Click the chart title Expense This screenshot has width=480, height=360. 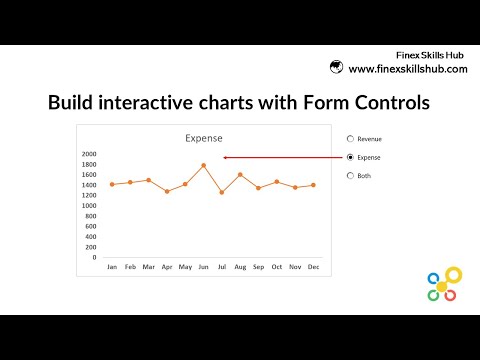coord(204,138)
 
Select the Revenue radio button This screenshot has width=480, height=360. coord(349,139)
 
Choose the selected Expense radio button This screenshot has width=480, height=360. coord(349,157)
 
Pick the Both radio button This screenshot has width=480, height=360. coord(349,175)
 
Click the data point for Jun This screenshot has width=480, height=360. coord(203,165)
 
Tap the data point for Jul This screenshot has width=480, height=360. coord(222,192)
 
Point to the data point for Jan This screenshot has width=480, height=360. coord(112,184)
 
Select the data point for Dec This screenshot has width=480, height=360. coord(313,185)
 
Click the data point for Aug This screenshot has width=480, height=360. coord(240,174)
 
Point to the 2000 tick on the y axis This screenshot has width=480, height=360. coord(88,154)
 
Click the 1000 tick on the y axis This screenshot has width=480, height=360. coord(88,206)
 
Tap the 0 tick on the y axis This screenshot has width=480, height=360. coord(94,257)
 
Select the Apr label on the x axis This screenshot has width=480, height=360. coord(167,267)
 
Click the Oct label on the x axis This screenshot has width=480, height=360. coord(276,267)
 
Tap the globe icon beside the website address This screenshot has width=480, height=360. coord(338,68)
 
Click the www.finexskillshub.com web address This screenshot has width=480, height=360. coord(408,68)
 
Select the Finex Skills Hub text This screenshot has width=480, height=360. coord(431,55)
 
